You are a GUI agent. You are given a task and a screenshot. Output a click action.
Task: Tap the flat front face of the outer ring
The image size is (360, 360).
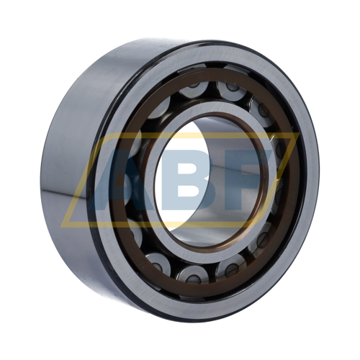point(305,120)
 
